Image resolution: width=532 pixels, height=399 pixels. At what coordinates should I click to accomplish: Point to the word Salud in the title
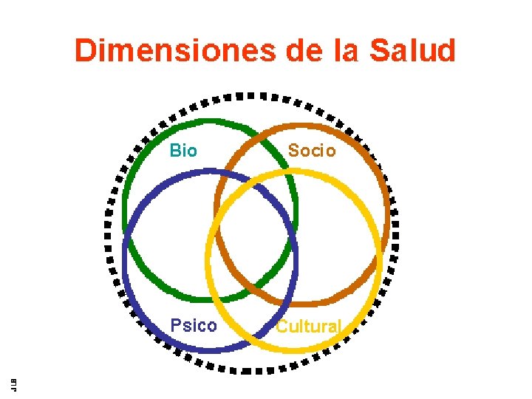pyautogui.click(x=413, y=52)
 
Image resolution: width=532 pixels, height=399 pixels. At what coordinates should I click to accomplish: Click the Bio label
pyautogui.click(x=183, y=151)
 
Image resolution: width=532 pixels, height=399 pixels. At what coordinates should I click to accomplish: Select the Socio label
pyautogui.click(x=311, y=151)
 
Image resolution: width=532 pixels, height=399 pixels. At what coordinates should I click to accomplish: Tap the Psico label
pyautogui.click(x=194, y=326)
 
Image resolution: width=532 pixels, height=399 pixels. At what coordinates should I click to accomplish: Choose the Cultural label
pyautogui.click(x=308, y=327)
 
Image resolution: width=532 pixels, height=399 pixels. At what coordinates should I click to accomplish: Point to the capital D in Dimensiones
pyautogui.click(x=85, y=52)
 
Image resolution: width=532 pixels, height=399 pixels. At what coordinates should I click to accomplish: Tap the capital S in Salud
pyautogui.click(x=380, y=52)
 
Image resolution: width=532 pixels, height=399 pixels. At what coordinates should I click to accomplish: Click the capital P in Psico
pyautogui.click(x=175, y=326)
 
